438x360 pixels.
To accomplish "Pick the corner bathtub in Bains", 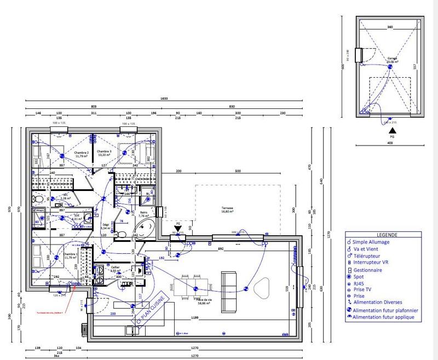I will click(144, 229).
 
